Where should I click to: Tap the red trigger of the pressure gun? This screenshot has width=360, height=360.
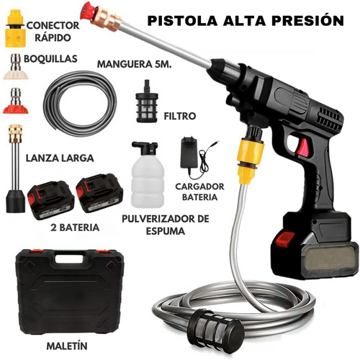click(303, 146)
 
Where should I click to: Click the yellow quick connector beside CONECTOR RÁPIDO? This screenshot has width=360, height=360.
click(16, 28)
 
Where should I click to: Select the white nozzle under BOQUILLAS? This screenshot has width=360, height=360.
click(16, 67)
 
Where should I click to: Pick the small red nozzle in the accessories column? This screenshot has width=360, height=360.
click(16, 101)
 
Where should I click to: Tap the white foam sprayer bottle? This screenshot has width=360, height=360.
click(148, 174)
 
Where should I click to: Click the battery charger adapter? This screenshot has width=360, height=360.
click(189, 153)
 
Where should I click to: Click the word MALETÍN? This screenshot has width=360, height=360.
click(67, 346)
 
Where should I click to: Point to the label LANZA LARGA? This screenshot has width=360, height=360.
click(60, 158)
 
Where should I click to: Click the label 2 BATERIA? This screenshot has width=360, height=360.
click(75, 228)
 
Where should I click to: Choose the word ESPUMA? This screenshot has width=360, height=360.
click(166, 231)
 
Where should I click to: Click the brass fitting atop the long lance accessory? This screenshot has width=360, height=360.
click(15, 134)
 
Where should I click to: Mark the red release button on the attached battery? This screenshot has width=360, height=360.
click(285, 239)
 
